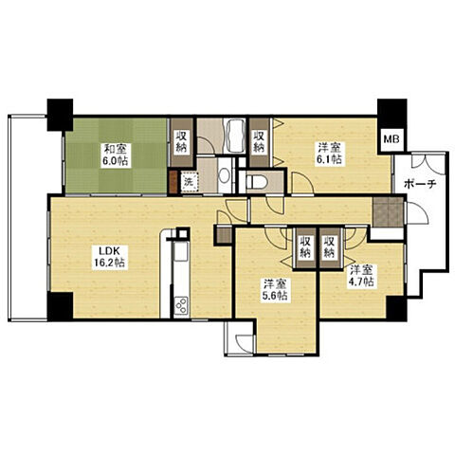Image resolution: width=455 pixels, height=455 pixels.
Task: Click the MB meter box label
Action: (391, 139)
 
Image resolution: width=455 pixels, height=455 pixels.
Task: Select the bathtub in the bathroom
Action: (234, 136)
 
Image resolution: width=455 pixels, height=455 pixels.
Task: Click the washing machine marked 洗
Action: (189, 182)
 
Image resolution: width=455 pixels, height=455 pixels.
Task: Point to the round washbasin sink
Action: (225, 175)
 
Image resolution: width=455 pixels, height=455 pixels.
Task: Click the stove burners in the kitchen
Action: (181, 305)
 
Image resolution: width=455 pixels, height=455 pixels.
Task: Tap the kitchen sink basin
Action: (181, 252)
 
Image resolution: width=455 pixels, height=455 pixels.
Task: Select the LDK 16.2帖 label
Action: (110, 257)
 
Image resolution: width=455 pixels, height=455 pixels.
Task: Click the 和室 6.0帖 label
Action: (115, 155)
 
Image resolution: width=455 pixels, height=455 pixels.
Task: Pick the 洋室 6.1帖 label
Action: (330, 154)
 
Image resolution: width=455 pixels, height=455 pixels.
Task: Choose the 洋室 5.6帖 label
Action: (276, 290)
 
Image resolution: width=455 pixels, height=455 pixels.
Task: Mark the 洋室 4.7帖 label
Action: (362, 276)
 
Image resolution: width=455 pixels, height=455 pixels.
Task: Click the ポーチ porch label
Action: (420, 184)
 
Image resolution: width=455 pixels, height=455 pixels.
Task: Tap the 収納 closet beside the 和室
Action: (181, 142)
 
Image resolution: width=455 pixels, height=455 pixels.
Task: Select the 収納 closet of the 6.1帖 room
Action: (259, 142)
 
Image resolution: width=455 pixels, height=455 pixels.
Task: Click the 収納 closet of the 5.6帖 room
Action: (304, 248)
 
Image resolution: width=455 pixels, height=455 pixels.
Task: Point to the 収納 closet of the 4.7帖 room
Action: (330, 248)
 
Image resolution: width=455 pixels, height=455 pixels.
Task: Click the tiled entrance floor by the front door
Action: (388, 211)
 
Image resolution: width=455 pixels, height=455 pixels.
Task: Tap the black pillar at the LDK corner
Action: (60, 306)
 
